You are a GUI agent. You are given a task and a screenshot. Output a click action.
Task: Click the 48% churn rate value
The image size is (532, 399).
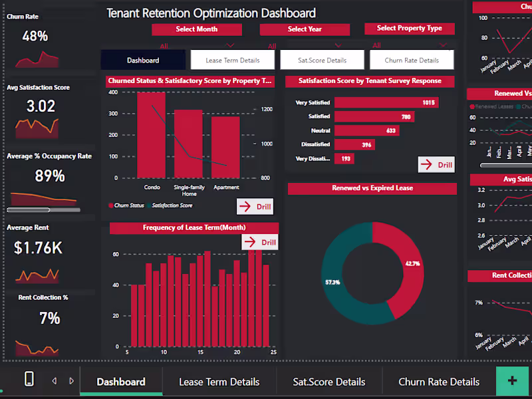click(35, 37)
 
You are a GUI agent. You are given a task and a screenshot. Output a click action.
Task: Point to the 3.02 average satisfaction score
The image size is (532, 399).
click(41, 106)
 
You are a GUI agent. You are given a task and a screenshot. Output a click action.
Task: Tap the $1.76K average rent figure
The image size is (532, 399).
click(38, 248)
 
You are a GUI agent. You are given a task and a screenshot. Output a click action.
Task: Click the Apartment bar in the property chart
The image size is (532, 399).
click(226, 147)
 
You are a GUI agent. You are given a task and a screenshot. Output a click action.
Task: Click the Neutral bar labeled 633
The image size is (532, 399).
click(366, 130)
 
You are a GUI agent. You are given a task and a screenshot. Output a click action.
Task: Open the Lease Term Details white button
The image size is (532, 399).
click(232, 60)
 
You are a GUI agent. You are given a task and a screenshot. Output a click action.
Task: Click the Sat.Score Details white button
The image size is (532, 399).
click(322, 60)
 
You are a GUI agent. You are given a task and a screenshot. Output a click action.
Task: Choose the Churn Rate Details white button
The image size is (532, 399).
click(412, 60)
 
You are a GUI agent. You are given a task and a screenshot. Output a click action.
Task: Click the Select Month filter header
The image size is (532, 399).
click(196, 29)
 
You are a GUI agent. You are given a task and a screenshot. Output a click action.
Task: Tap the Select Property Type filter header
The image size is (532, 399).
click(409, 28)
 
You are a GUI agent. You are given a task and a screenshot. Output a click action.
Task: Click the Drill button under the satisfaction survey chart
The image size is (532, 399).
click(436, 165)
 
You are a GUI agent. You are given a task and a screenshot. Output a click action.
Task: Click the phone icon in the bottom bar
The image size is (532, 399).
click(29, 379)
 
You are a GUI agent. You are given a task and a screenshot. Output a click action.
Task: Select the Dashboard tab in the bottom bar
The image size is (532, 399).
click(121, 382)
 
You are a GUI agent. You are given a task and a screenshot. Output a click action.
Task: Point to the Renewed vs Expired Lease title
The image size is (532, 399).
click(372, 188)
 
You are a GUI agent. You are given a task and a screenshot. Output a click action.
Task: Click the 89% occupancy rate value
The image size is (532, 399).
click(50, 176)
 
